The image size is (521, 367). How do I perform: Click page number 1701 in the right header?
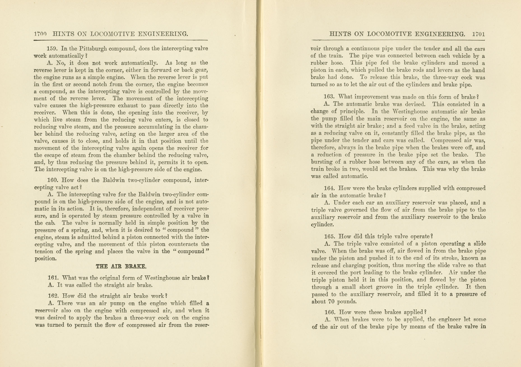478,34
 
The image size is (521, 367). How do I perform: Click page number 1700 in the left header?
40,34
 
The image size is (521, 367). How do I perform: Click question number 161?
53,278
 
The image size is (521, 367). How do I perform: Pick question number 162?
53,296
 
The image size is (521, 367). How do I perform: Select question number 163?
329,97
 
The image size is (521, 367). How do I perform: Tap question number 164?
329,188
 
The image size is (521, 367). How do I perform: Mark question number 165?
330,236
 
